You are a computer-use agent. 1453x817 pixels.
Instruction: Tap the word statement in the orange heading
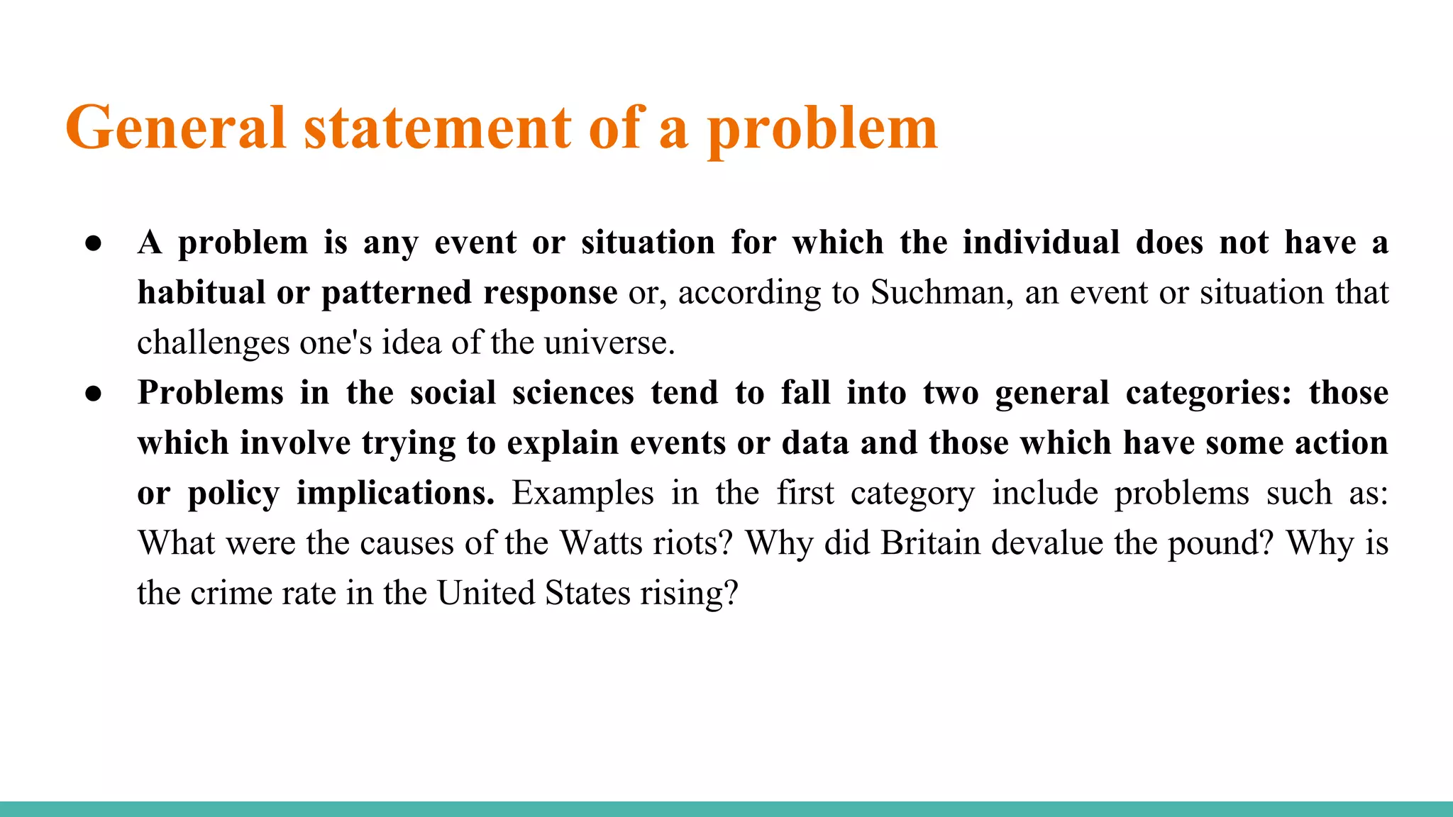(437, 128)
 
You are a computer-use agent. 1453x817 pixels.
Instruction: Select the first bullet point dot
(94, 243)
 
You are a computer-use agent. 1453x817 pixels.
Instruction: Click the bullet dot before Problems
(94, 394)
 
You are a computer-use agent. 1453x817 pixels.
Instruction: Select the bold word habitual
(201, 293)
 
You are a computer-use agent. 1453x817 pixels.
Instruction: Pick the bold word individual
(1041, 243)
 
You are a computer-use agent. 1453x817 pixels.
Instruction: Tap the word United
(485, 593)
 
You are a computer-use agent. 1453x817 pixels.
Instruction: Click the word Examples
(582, 494)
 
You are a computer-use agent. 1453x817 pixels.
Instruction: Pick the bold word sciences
(573, 393)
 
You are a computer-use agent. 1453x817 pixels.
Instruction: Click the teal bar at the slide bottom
(726, 808)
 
